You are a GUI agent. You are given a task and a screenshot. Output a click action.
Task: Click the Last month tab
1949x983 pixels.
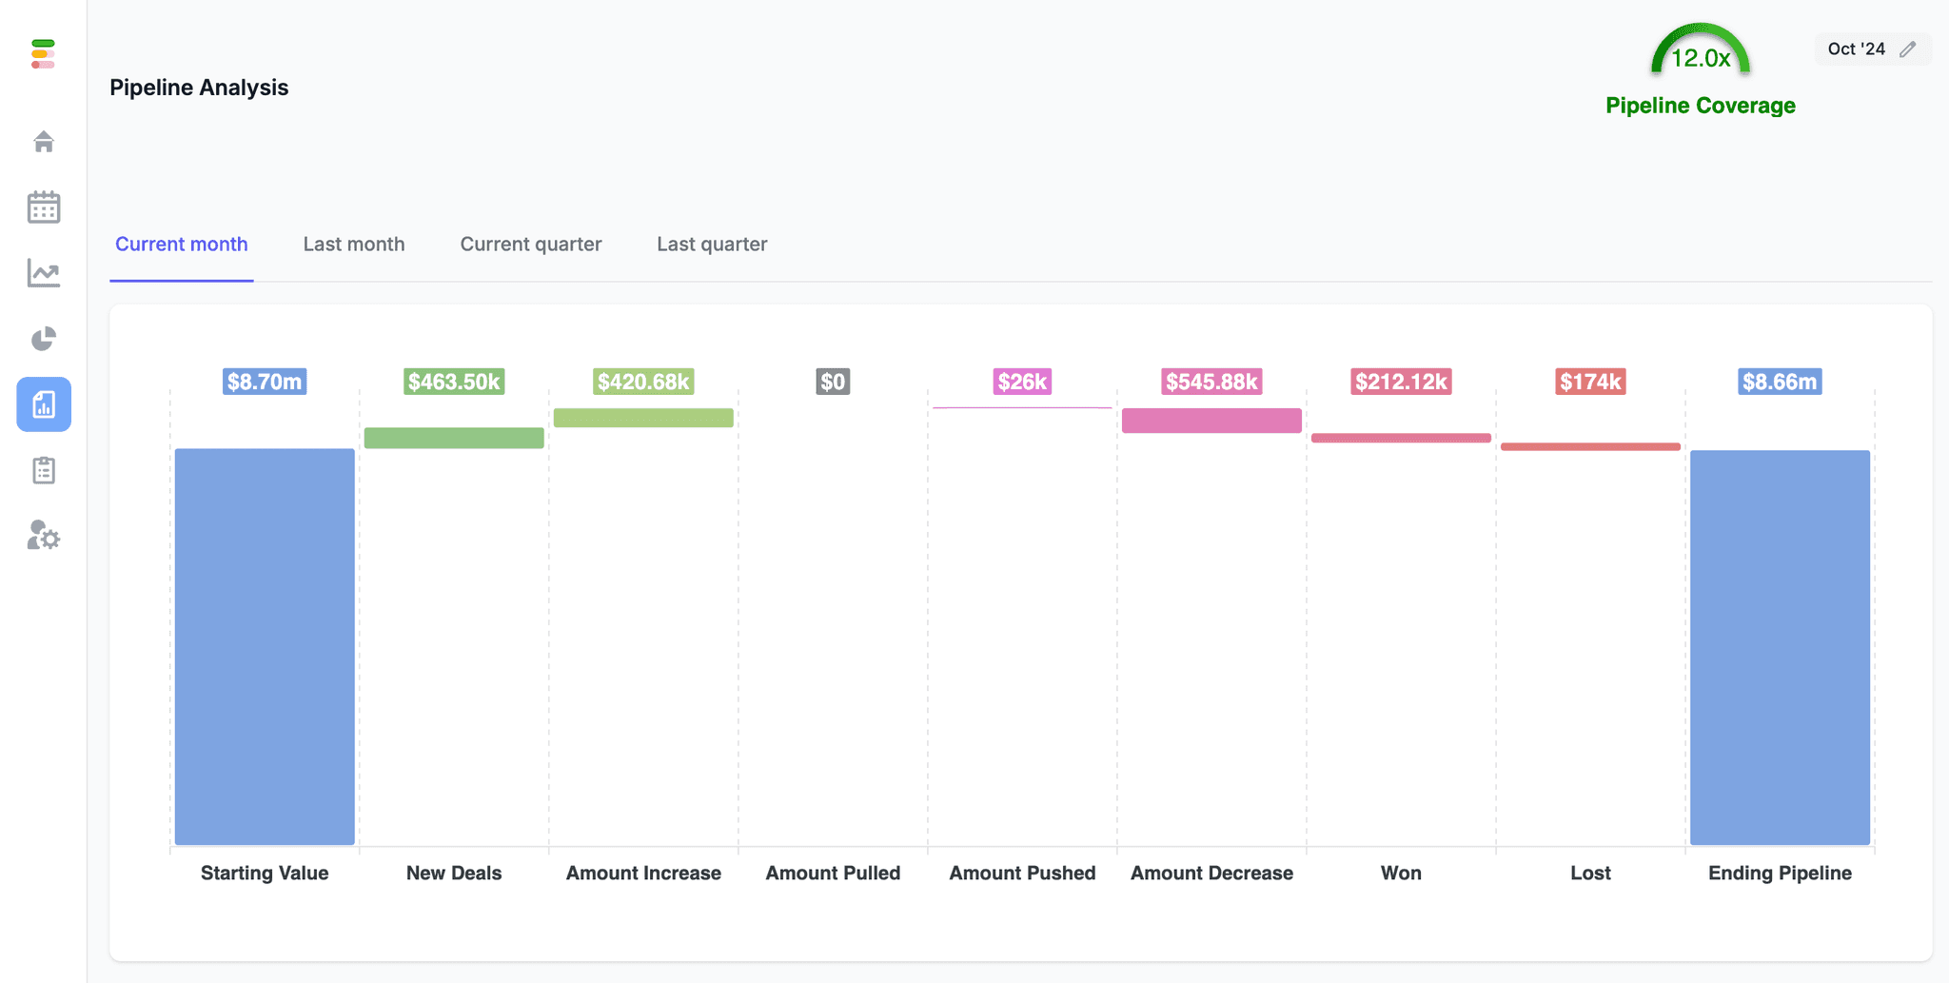[353, 244]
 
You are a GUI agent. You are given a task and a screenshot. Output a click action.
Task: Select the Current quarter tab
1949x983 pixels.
[530, 244]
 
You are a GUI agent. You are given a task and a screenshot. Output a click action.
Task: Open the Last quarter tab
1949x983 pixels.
[711, 244]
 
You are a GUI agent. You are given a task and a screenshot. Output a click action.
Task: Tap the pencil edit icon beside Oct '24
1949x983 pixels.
[1907, 49]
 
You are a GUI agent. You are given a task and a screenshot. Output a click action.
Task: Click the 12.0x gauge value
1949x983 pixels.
[1700, 58]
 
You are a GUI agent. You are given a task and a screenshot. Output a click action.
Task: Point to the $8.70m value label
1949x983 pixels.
[265, 382]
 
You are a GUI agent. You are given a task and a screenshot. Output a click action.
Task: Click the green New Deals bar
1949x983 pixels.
[454, 438]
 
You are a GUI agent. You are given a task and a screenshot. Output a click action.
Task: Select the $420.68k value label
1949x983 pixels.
[643, 382]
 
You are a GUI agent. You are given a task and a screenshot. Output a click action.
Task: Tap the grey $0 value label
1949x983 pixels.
[833, 382]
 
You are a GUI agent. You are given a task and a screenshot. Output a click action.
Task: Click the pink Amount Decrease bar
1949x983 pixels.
[1211, 421]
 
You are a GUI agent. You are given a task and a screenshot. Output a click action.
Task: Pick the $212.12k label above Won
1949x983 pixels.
[1401, 382]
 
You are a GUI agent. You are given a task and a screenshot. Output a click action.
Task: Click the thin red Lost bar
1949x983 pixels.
[1590, 446]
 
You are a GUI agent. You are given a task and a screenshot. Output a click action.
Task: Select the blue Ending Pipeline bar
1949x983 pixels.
[1780, 647]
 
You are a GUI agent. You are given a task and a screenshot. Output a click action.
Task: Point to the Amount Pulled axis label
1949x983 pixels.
[833, 873]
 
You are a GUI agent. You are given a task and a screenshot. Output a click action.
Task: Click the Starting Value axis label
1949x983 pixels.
[265, 873]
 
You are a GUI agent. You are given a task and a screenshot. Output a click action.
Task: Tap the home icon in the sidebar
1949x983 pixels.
[44, 142]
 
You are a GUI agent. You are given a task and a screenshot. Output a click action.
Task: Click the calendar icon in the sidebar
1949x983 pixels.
[44, 207]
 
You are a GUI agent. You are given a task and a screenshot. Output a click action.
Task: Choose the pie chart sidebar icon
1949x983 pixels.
[44, 339]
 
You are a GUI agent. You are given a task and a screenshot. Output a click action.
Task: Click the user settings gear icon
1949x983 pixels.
[44, 536]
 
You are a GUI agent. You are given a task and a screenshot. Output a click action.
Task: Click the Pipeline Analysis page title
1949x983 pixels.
[199, 88]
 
